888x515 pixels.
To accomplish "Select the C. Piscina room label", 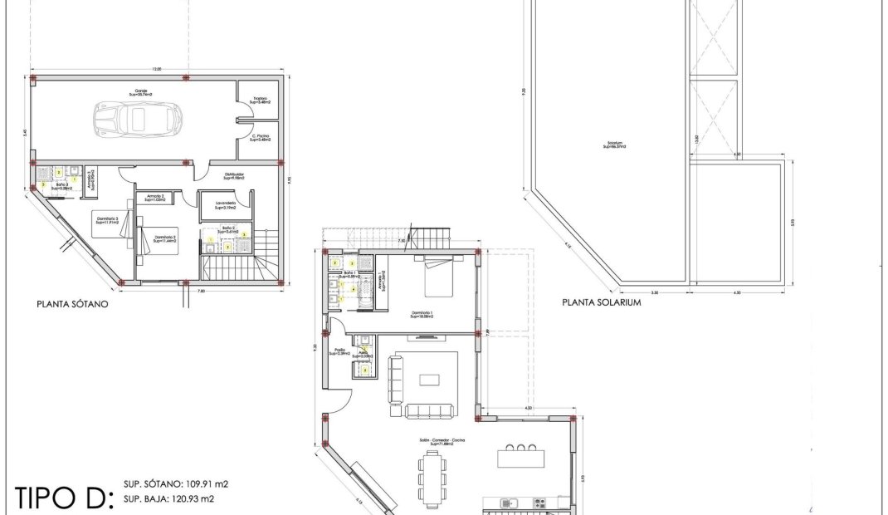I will point(261,137).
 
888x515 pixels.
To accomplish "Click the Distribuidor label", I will point(232,176).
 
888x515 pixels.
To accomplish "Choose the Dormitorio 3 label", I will point(107,219).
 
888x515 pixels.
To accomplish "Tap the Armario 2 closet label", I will point(155,198).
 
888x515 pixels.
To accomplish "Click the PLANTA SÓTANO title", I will point(73,304).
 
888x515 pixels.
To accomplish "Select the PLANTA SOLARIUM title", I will point(602,302).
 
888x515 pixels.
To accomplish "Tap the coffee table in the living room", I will point(430,380).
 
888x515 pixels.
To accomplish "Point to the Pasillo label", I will point(339,352).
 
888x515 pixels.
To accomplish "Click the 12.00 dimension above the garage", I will point(157,68).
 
